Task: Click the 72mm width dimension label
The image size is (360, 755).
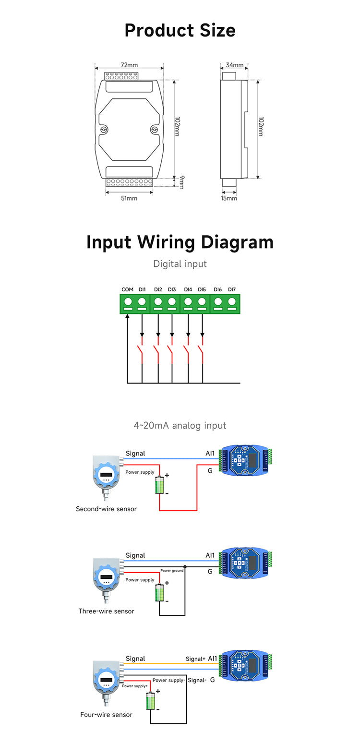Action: click(129, 65)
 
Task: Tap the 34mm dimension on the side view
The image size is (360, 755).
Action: click(235, 65)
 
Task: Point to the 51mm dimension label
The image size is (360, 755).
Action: click(129, 198)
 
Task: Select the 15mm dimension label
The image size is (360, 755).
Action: click(229, 198)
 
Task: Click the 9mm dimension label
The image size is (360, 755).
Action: click(181, 182)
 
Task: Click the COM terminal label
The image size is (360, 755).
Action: click(127, 289)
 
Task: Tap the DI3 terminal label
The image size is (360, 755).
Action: click(172, 289)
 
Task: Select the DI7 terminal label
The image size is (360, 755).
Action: click(232, 289)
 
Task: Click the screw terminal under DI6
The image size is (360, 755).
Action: click(218, 302)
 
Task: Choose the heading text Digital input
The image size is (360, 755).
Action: click(180, 264)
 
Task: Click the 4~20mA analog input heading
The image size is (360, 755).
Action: click(180, 425)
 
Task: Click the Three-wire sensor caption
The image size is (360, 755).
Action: click(106, 611)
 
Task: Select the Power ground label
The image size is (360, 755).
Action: click(172, 571)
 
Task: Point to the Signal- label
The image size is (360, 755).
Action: click(197, 680)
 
